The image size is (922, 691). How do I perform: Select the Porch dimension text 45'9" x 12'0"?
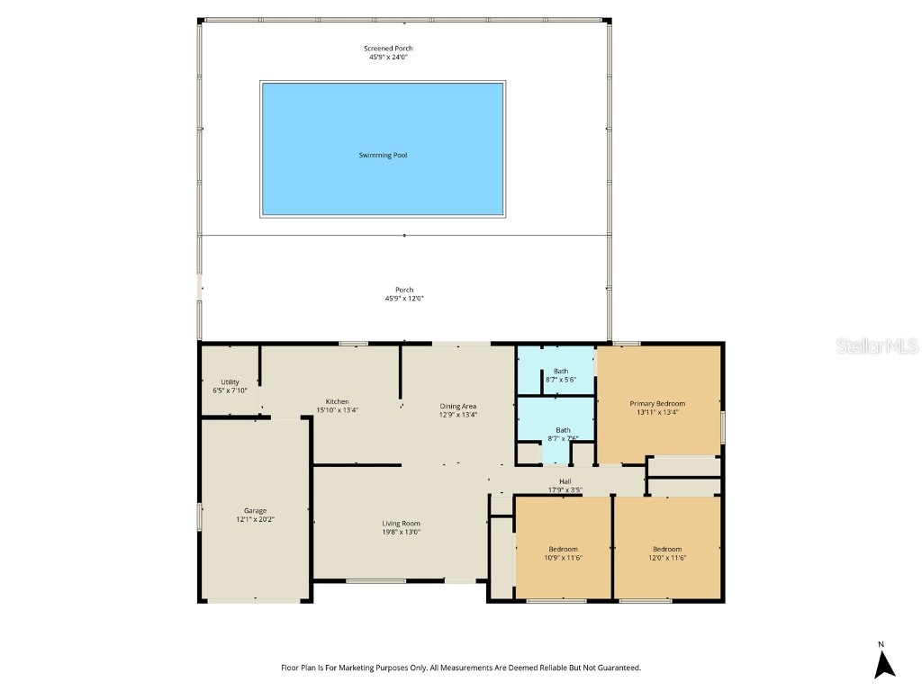[x=403, y=299]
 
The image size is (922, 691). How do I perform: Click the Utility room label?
[x=230, y=381]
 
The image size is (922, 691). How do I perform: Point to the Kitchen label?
[x=338, y=401]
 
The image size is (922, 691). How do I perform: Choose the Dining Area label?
[x=457, y=406]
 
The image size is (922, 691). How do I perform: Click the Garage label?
[x=256, y=510]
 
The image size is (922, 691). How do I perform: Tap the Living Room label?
[x=401, y=523]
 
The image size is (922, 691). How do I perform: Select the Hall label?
[x=565, y=481]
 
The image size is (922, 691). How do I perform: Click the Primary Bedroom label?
[x=657, y=403]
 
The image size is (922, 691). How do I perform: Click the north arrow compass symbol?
[x=884, y=662]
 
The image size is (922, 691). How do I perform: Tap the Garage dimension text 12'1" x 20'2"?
[x=256, y=519]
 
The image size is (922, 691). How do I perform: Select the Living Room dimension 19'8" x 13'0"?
[x=401, y=532]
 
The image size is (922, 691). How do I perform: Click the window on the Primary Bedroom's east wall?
[x=722, y=426]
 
